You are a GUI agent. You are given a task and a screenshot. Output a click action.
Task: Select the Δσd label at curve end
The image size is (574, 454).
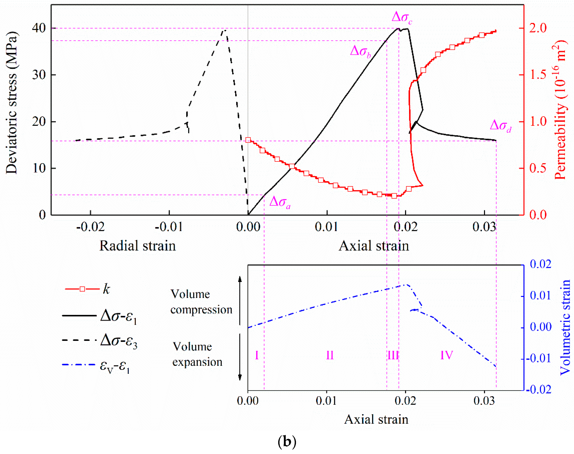tap(500, 125)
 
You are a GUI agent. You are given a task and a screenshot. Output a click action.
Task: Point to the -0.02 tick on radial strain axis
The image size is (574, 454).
tap(90, 227)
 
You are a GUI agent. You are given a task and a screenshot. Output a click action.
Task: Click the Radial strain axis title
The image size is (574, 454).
tap(137, 246)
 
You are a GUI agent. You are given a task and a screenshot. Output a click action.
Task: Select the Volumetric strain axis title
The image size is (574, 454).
tap(565, 327)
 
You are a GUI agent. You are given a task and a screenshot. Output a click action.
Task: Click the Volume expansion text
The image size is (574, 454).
tap(197, 354)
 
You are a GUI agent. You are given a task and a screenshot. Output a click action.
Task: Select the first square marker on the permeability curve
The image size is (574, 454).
tap(248, 140)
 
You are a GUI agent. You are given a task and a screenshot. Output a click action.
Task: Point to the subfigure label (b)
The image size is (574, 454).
tap(287, 442)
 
